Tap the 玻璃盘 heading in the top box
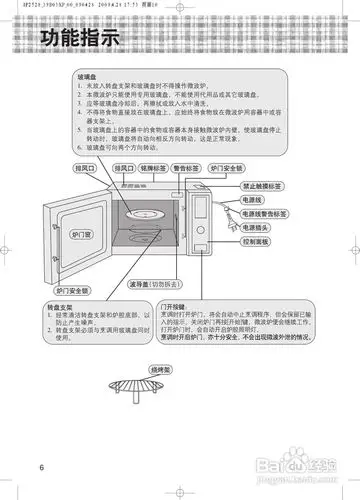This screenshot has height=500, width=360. coord(88,75)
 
